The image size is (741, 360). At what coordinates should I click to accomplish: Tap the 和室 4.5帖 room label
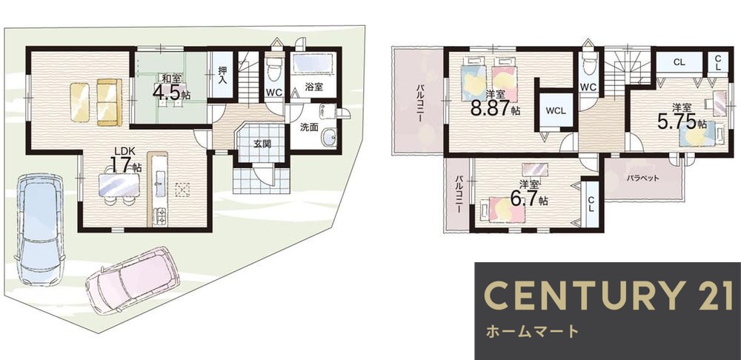(x=171, y=87)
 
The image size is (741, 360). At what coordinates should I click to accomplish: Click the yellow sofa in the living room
(x=96, y=101)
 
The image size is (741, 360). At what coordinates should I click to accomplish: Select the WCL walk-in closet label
(x=556, y=110)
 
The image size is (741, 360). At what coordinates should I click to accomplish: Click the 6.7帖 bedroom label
(x=529, y=194)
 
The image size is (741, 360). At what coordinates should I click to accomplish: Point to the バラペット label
(x=642, y=179)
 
